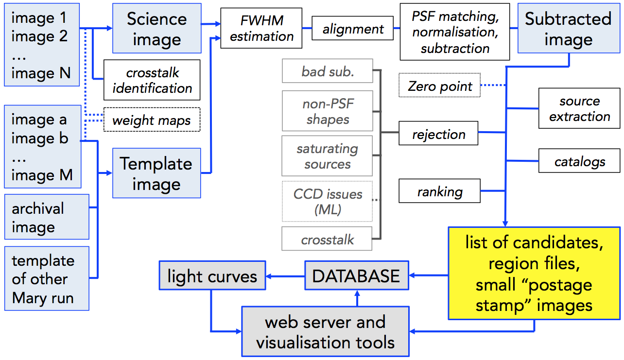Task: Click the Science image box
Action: (x=157, y=28)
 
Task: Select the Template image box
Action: (x=156, y=173)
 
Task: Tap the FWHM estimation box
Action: (x=261, y=28)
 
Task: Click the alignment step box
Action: (x=353, y=28)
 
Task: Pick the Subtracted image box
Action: (x=569, y=28)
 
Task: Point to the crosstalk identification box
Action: (x=152, y=80)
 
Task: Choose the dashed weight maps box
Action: (x=152, y=120)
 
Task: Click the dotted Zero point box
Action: (x=440, y=85)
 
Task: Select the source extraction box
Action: (x=579, y=108)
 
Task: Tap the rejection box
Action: (x=438, y=133)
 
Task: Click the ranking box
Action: (x=440, y=191)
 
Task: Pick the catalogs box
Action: (x=579, y=161)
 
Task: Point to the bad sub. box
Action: (x=328, y=71)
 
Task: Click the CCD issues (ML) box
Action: (x=328, y=201)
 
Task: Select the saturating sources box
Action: (x=327, y=156)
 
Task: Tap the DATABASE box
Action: (x=357, y=275)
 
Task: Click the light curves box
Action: (x=212, y=275)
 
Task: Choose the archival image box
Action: (x=47, y=217)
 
